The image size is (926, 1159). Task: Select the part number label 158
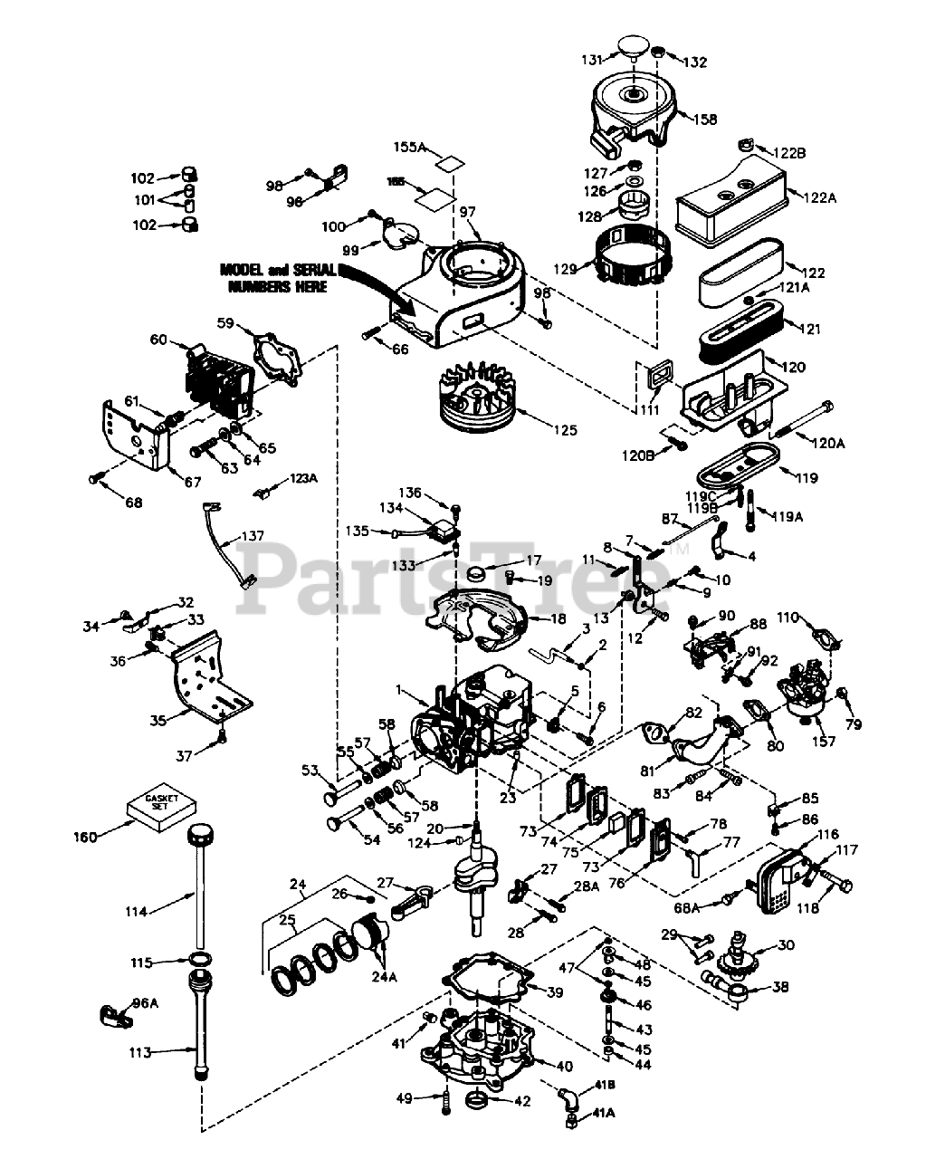(x=706, y=120)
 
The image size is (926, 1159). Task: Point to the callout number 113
(x=138, y=1053)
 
